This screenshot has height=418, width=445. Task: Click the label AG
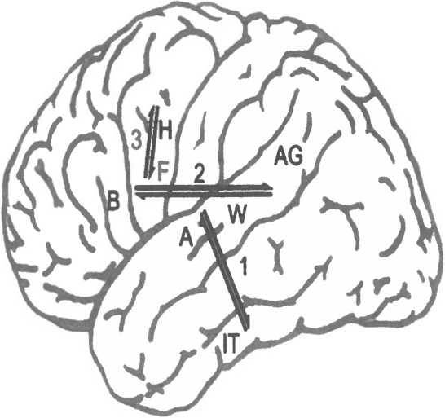289,157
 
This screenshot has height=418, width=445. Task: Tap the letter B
113,200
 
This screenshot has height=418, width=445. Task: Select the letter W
237,215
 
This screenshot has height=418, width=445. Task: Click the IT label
231,344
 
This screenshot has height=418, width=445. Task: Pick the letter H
165,130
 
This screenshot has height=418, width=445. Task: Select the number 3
136,140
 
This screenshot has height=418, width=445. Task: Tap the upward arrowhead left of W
205,217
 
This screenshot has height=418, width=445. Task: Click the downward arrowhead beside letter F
152,173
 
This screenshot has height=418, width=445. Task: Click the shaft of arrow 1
226,271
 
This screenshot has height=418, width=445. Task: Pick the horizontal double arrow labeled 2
204,191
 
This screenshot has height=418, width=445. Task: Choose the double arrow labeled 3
152,143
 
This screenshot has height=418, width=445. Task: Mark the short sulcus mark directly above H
165,96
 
